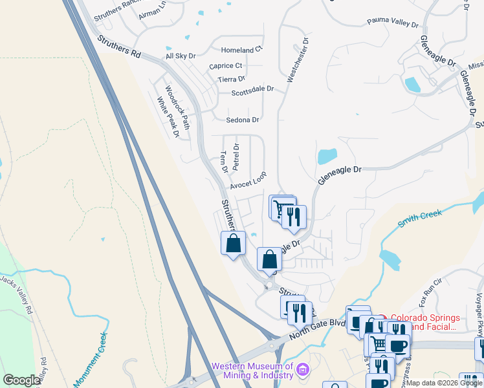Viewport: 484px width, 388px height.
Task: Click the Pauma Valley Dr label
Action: (393, 24)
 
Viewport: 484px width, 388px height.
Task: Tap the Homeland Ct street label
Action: (241, 50)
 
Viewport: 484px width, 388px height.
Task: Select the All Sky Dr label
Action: (180, 56)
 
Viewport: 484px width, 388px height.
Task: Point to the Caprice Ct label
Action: (225, 66)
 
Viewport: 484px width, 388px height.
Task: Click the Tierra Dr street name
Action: (232, 79)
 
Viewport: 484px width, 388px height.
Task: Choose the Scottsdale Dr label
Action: (253, 92)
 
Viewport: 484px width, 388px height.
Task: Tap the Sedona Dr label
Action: (242, 120)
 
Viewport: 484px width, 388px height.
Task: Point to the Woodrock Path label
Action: (175, 107)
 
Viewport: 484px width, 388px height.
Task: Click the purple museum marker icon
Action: (302, 370)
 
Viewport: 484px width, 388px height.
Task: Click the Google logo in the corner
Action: (21, 380)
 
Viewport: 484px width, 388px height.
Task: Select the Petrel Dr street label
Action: (236, 157)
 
